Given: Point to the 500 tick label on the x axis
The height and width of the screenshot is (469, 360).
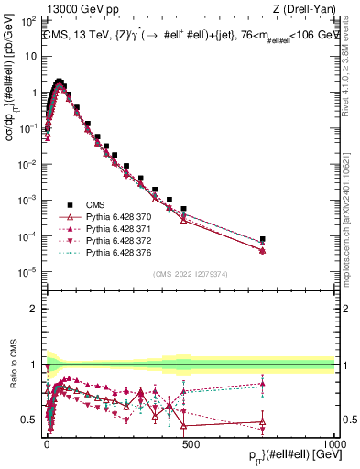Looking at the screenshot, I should [x=191, y=442].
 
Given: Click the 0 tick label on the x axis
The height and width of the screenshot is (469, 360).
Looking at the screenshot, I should [x=47, y=442].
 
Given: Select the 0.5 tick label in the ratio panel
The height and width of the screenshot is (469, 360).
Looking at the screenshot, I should [x=28, y=420].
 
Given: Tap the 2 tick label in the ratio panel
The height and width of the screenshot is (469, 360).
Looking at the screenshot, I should [x=33, y=309].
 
